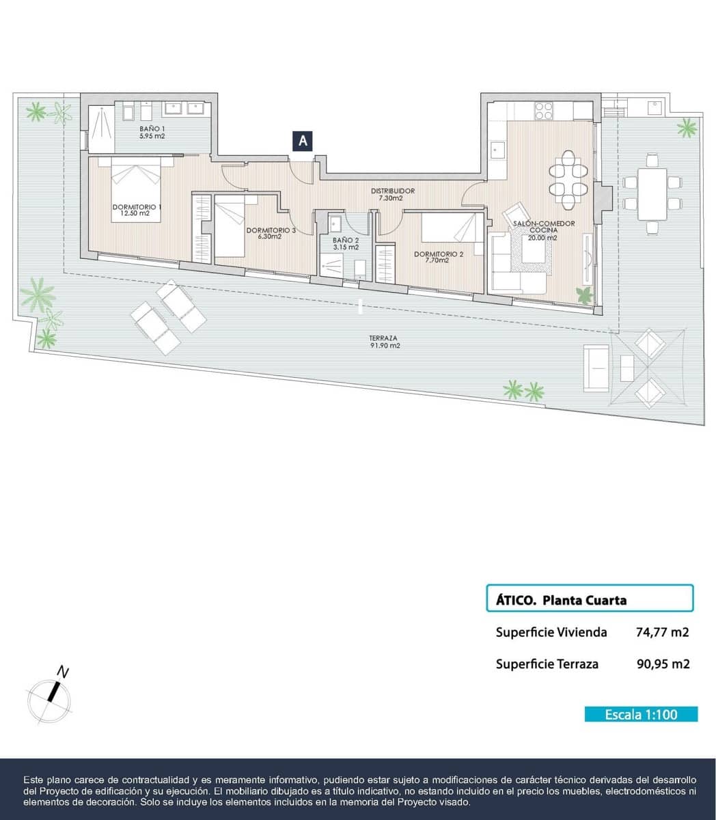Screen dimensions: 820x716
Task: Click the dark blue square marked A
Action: (x=302, y=141)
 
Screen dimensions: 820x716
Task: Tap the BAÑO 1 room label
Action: (x=152, y=133)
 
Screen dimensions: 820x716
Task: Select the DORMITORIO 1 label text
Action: (x=137, y=210)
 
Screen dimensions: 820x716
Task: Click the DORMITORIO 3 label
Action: (x=271, y=234)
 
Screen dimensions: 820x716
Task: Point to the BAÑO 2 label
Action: (x=346, y=243)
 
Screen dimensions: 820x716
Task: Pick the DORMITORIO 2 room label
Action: (x=439, y=257)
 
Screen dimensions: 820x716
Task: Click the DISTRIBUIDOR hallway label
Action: (x=392, y=194)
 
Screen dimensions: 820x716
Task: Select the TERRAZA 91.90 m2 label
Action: (x=384, y=342)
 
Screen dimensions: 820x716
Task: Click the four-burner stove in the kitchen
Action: (x=544, y=109)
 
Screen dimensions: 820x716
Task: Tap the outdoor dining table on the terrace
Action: (x=652, y=194)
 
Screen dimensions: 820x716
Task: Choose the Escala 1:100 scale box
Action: (x=641, y=714)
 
